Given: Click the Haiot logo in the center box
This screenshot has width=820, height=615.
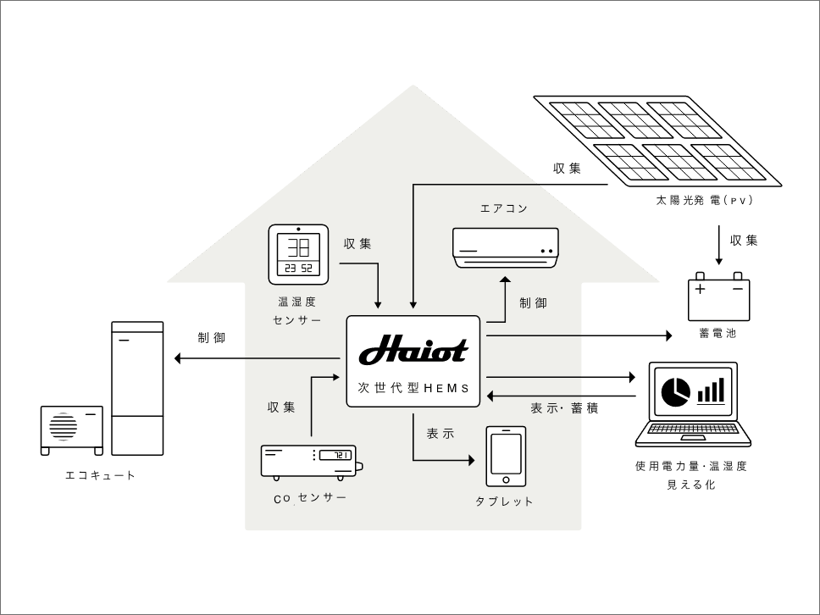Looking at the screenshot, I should click(413, 350).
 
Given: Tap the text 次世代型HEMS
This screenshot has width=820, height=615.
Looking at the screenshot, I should click(413, 388).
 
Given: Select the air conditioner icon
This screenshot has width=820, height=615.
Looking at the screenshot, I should click(506, 247).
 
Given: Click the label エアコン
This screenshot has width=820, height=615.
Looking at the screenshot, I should click(504, 208).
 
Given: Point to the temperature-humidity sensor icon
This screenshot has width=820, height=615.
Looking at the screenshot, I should click(298, 254).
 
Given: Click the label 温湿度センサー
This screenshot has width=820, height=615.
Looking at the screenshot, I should click(297, 311).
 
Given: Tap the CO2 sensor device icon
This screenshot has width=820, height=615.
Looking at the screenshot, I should click(310, 461).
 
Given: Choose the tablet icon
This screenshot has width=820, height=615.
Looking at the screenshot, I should click(506, 456).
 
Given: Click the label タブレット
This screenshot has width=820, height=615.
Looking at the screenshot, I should click(505, 501).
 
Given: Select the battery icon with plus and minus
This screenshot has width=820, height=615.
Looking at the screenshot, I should click(718, 296).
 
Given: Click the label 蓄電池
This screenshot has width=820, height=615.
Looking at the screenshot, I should click(718, 334).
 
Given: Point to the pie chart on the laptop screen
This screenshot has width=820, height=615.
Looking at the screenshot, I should click(674, 391).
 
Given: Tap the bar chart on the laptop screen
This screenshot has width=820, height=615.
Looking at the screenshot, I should click(711, 391).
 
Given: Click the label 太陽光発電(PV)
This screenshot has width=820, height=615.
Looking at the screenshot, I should click(704, 201).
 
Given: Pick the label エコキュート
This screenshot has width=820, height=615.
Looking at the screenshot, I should click(101, 475).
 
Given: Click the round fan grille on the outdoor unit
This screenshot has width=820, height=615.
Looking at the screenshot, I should click(63, 425).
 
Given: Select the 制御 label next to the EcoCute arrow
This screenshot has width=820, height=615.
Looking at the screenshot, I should click(212, 338).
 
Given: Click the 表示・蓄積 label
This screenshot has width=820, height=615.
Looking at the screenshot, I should click(564, 408).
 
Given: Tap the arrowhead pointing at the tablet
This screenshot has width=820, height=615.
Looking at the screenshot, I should click(470, 461).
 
